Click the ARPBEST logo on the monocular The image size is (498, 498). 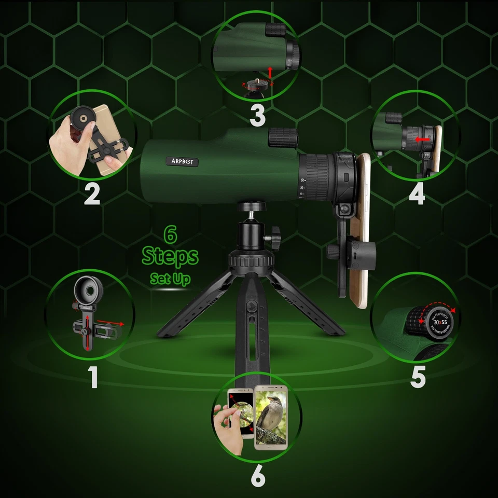click(184, 162)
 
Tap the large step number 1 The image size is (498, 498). click(93, 377)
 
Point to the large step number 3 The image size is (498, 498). click(258, 115)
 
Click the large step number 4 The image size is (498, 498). click(417, 193)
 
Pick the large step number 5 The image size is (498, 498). click(418, 377)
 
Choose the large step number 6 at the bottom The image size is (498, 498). click(258, 478)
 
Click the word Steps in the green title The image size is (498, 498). click(170, 256)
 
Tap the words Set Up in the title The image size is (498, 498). click(170, 279)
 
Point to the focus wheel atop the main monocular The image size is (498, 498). click(283, 139)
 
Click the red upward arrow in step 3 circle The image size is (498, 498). click(269, 71)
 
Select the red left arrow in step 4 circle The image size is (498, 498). click(422, 140)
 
